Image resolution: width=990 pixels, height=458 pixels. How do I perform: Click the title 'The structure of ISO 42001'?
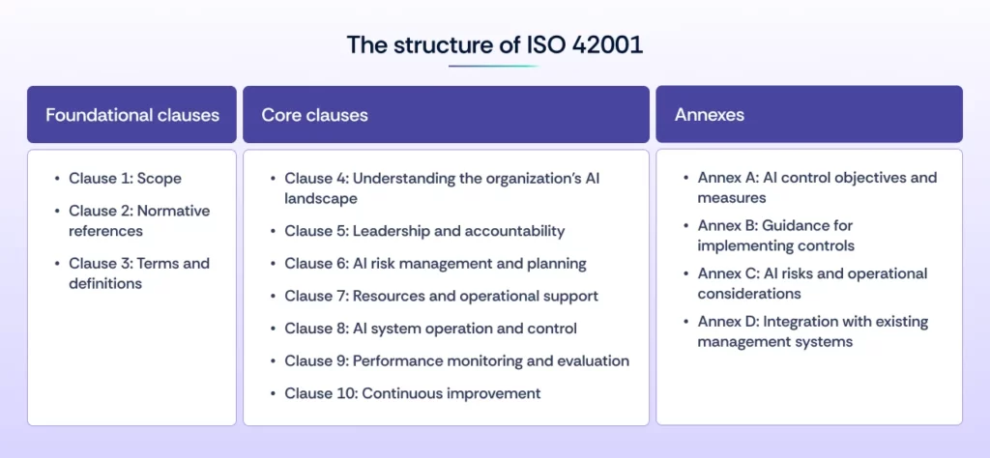[494, 44]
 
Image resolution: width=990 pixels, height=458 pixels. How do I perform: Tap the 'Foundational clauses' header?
[132, 115]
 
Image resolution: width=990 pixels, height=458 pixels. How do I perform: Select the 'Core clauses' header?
[314, 115]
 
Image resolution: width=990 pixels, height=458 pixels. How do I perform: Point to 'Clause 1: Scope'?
[125, 178]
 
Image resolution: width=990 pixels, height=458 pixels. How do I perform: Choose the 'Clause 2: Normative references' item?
[138, 220]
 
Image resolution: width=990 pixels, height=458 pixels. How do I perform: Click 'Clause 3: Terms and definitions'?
[138, 272]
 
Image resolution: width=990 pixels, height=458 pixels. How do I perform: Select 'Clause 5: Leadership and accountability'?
[424, 231]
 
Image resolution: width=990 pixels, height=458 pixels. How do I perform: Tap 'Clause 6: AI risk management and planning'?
[435, 264]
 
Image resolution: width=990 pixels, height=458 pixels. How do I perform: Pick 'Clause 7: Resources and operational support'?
[441, 296]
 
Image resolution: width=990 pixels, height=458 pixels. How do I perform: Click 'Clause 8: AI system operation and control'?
[430, 329]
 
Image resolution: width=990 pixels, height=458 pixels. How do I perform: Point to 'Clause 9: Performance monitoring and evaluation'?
[456, 360]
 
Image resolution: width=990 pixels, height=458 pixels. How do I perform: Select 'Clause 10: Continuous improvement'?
[412, 393]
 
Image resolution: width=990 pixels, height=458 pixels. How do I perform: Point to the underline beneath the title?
[494, 67]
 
